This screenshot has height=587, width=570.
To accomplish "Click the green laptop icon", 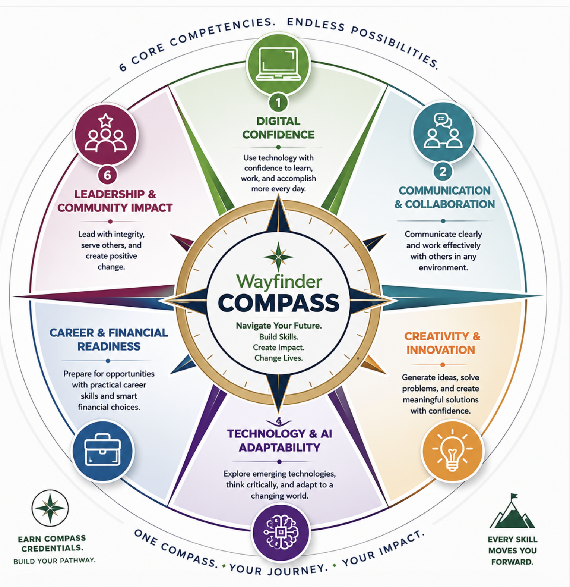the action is (278, 64).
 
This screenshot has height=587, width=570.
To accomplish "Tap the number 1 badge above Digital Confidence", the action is (278, 102).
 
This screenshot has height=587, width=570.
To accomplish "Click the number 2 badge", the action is (443, 172).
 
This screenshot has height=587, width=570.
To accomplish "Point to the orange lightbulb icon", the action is (452, 451).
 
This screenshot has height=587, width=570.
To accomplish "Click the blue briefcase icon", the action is (103, 450).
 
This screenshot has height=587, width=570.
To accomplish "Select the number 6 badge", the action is (107, 175).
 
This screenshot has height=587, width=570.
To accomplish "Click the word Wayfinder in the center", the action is (279, 282).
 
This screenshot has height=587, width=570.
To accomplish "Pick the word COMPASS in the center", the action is (279, 303).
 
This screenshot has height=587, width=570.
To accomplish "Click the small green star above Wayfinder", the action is (278, 257).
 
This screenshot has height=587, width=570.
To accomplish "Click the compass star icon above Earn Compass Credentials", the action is (50, 508).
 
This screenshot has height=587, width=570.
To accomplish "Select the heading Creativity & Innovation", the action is (442, 343).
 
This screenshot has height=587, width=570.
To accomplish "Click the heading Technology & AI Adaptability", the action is (279, 440).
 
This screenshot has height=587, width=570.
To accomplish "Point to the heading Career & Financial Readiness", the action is (109, 339).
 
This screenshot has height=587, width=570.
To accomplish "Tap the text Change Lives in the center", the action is (278, 358).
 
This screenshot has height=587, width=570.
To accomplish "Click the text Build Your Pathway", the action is (54, 561).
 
